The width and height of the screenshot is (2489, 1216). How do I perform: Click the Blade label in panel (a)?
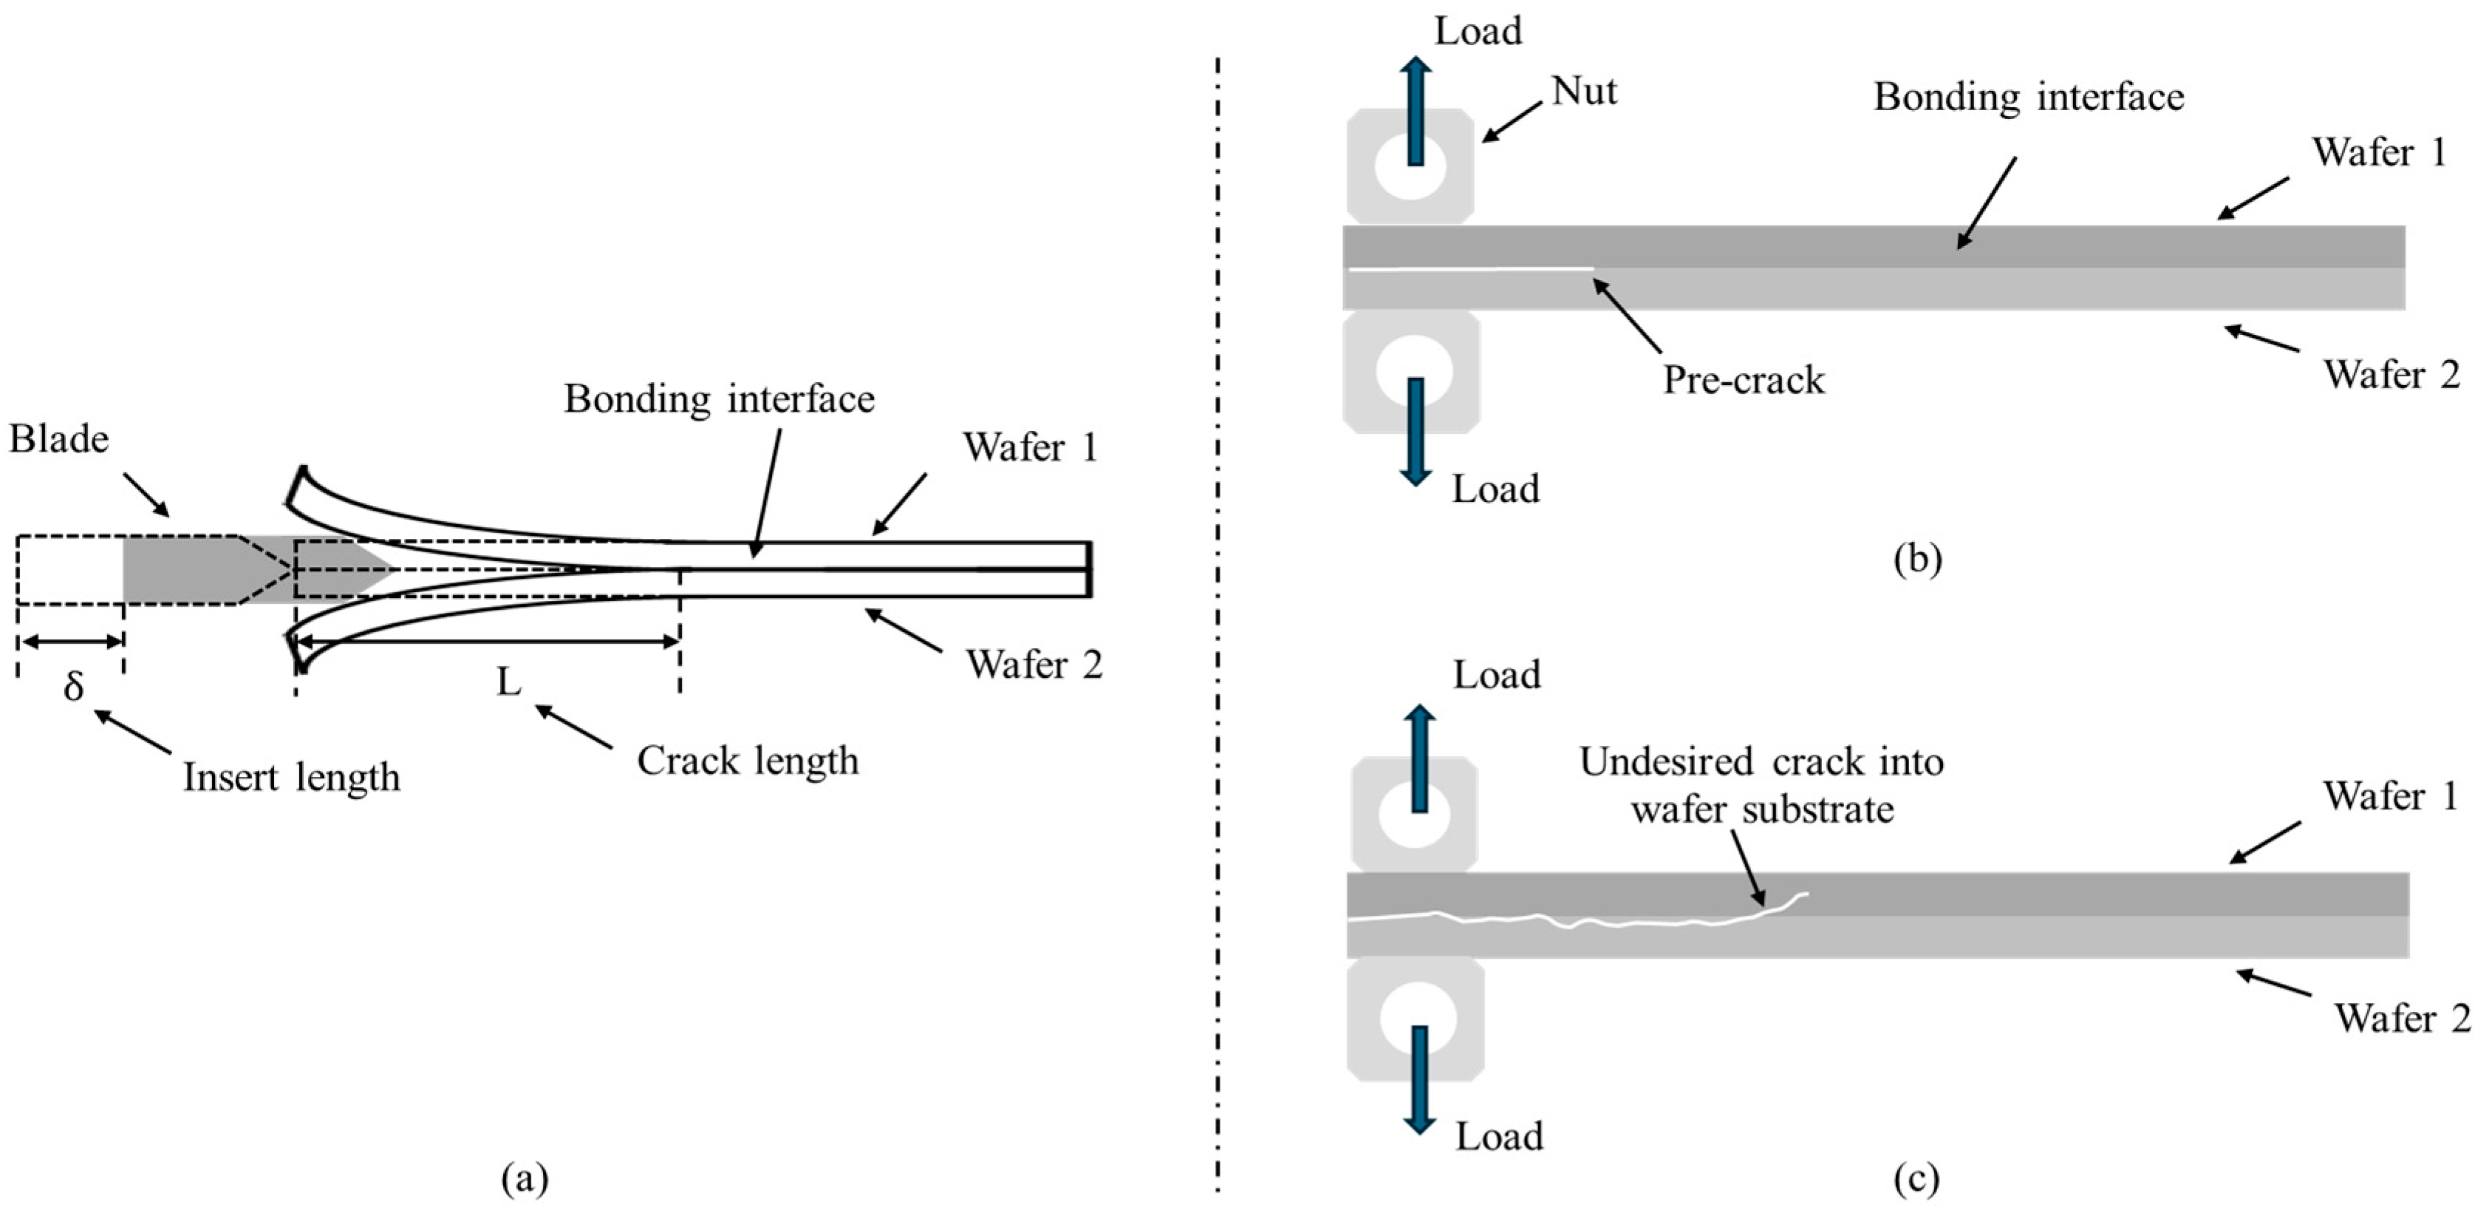pos(59,440)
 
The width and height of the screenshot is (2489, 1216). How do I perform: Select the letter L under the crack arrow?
pos(508,682)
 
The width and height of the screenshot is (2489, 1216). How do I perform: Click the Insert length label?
pos(291,777)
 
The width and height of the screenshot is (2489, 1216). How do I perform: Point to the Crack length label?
pos(747,761)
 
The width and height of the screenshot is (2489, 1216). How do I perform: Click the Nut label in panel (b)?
pos(1584,92)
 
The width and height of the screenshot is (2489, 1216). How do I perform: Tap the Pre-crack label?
pos(1743,380)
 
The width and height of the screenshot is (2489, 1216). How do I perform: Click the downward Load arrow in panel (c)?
pos(1418,1079)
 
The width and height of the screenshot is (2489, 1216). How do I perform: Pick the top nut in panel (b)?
pos(1410,166)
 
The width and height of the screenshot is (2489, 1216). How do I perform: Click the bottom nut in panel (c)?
pos(1416,1019)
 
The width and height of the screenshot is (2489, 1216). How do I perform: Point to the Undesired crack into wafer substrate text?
pos(1761,785)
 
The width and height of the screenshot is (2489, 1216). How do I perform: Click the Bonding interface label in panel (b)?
pos(2028,98)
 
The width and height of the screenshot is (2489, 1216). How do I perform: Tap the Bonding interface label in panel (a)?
pos(719,399)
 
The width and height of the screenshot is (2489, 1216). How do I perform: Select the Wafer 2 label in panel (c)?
pos(2402,1019)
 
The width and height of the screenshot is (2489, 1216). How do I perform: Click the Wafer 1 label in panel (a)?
pos(1030,447)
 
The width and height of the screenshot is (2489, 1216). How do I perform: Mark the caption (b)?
pos(1917,560)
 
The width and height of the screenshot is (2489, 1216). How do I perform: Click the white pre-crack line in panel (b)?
pos(1469,270)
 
